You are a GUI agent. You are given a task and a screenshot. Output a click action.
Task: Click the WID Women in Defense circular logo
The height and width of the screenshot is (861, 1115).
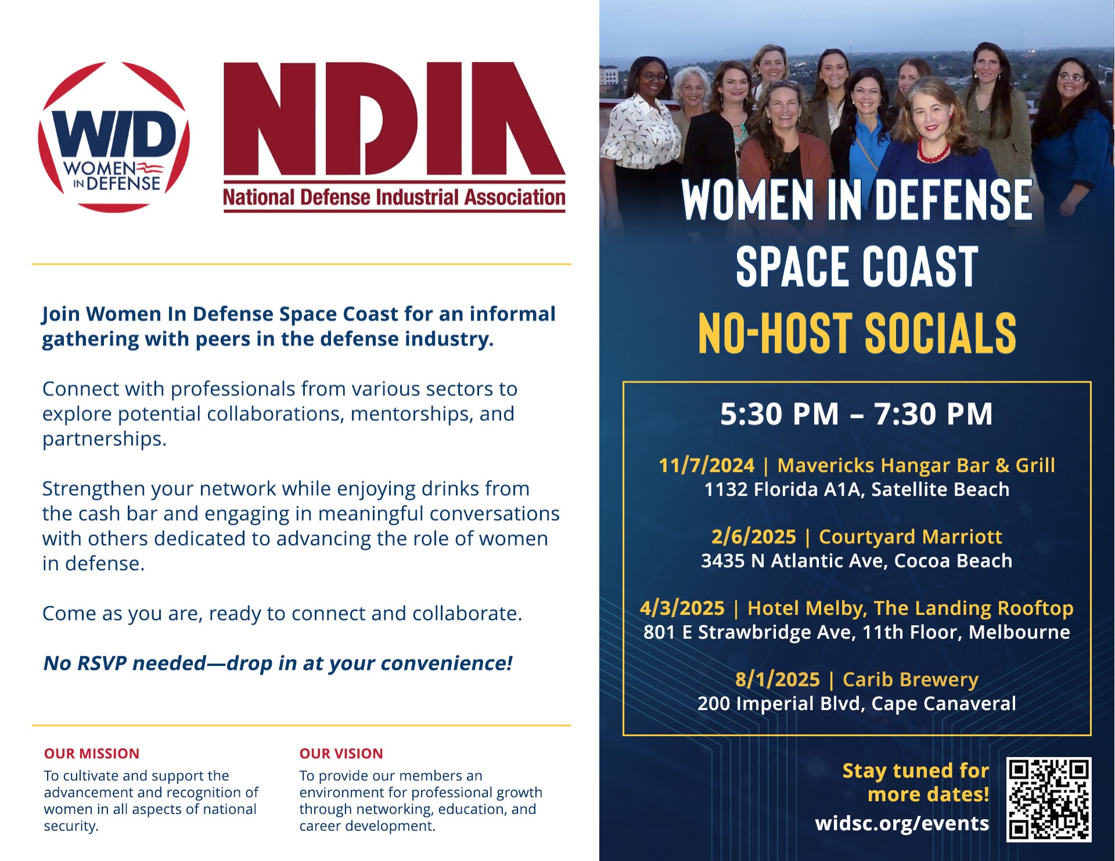114,137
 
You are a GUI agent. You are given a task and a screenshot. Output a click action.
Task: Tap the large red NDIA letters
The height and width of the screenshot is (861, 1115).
394,118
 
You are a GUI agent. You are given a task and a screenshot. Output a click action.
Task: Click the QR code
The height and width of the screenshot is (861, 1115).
1049,799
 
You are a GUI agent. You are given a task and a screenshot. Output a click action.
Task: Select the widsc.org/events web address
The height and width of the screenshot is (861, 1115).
902,823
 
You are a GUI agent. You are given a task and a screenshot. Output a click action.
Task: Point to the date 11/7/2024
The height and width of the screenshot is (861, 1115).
706,465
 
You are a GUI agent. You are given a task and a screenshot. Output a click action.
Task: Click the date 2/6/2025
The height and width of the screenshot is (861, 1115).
754,536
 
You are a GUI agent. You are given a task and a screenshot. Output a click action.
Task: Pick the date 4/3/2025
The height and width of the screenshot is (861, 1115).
682,608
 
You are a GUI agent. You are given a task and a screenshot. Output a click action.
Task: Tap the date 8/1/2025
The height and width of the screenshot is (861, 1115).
778,679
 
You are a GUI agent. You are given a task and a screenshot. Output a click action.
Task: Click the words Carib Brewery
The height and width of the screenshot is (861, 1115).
911,679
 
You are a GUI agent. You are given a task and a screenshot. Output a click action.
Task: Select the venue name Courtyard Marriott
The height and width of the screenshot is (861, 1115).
911,536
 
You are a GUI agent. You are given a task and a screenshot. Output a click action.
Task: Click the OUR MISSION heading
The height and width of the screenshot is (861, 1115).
92,754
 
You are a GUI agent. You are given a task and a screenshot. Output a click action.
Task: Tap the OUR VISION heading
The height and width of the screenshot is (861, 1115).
341,754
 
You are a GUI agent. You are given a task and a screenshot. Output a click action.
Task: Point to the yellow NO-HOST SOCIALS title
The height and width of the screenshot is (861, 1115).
857,333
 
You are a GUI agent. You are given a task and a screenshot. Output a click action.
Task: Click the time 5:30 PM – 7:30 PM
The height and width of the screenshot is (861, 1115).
857,414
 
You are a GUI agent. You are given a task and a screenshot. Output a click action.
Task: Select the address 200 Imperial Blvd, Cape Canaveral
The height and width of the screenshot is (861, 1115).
857,704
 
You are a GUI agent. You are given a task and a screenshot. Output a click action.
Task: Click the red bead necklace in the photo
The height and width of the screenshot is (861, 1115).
934,152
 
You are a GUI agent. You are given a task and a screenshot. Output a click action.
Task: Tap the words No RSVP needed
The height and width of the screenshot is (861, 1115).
125,663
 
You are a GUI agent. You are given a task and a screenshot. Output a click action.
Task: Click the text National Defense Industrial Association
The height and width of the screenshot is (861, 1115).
394,197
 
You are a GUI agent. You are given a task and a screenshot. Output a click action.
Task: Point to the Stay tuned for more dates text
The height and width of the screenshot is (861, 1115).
916,782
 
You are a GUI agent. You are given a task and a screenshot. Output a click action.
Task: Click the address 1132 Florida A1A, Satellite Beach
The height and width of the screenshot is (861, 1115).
857,489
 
